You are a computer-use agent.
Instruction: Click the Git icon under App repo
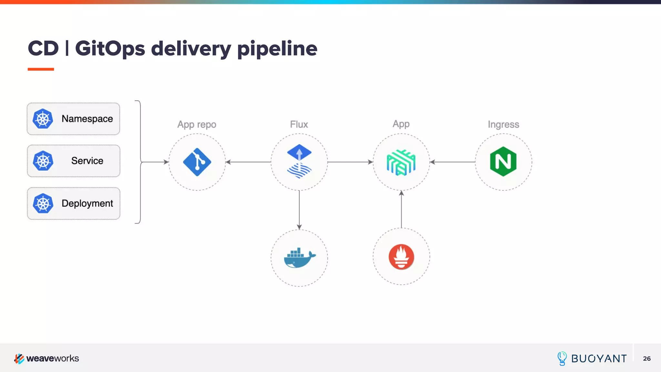pos(197,162)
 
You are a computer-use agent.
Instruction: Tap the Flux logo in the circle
pos(299,161)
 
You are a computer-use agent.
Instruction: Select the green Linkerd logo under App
pos(401,162)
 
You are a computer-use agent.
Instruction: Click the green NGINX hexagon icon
pos(503,161)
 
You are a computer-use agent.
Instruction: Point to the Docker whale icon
pos(299,258)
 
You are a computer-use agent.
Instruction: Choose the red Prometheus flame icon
pos(401,257)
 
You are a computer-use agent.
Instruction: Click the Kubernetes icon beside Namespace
pos(43,119)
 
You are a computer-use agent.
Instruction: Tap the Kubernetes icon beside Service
pos(43,161)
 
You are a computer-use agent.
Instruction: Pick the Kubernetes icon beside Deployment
pos(43,203)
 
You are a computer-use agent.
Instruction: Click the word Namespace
pos(87,119)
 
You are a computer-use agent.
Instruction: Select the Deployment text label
pos(87,203)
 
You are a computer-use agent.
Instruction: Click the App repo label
pos(197,124)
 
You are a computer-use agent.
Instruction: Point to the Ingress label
pos(503,124)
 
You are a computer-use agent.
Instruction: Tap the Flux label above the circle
pos(299,124)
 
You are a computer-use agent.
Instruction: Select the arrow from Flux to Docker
pos(299,210)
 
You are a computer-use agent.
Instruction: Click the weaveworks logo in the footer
pos(46,358)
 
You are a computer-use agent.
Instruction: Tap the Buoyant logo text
pos(598,358)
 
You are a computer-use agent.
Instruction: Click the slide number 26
pos(647,358)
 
